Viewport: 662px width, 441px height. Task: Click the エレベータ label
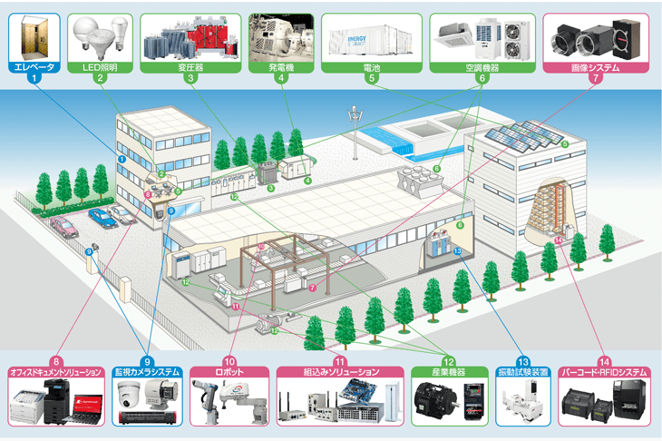point(34,65)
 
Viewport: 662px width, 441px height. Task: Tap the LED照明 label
point(99,65)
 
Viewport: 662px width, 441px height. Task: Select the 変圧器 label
point(190,65)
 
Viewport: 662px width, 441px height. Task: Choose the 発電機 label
point(281,65)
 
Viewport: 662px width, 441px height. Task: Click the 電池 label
point(372,65)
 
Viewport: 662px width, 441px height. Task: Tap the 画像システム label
point(595,65)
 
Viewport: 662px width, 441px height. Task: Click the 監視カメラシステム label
point(147,372)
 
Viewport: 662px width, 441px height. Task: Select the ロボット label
point(229,372)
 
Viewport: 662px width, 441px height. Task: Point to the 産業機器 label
point(446,372)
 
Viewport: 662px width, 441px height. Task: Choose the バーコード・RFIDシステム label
point(604,372)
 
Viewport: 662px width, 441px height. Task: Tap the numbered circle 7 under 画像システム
point(595,80)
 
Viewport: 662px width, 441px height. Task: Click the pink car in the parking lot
point(63,223)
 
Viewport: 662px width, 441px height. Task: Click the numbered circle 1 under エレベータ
point(34,80)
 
